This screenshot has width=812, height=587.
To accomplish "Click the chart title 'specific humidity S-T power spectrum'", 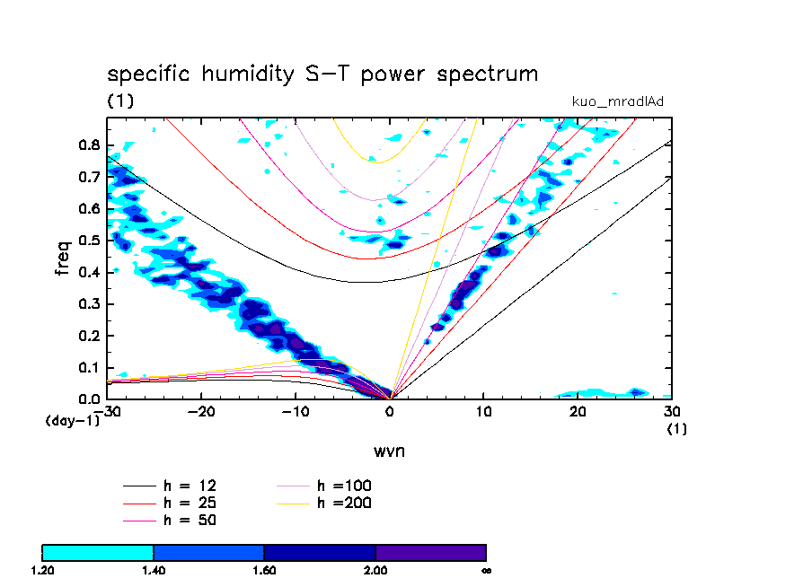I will tap(322, 74).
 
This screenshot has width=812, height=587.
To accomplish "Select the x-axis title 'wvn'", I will tap(390, 451).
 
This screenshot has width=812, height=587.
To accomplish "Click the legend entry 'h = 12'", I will tap(190, 486).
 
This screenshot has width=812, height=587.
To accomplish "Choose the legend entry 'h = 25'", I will tap(190, 503).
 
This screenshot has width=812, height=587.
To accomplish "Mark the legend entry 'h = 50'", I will tap(190, 520).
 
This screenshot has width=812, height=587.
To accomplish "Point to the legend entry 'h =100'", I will tap(344, 486).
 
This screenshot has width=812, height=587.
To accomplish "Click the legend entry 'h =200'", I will tap(344, 503).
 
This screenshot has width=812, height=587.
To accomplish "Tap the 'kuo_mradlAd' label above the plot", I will tap(617, 101).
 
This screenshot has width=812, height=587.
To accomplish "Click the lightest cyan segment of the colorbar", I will tap(98, 552).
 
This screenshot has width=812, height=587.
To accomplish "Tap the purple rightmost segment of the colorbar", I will tap(431, 552).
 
